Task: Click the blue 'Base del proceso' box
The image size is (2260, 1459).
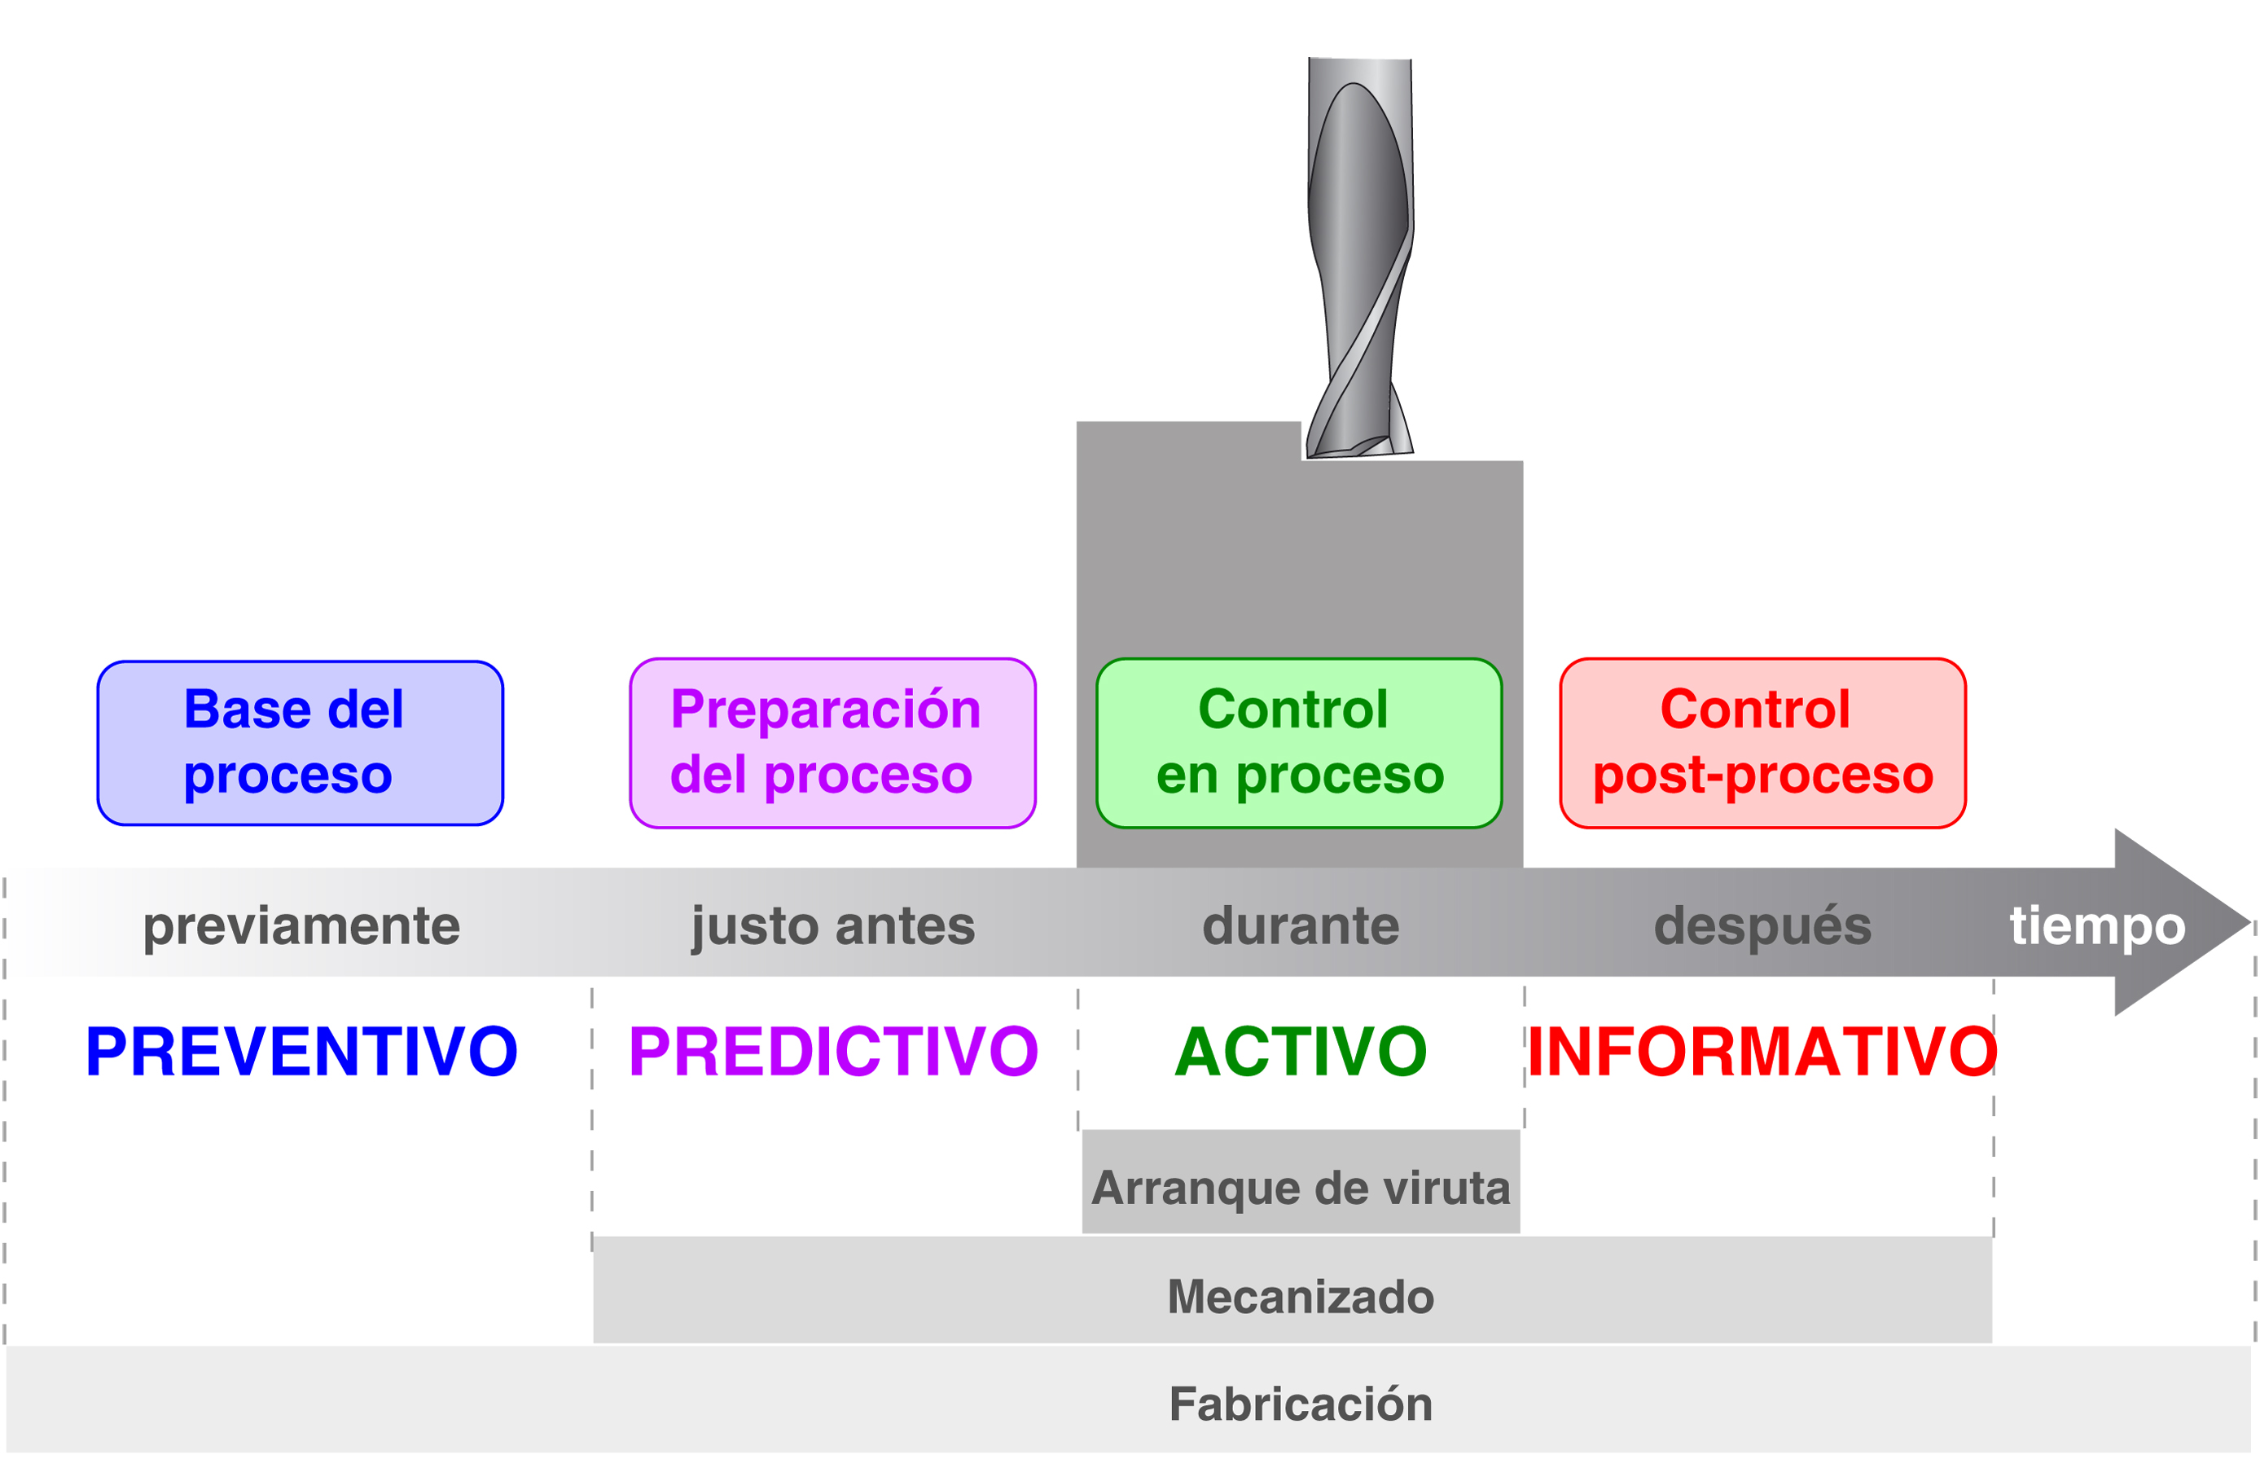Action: pyautogui.click(x=301, y=743)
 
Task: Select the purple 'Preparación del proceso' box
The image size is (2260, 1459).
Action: pyautogui.click(x=832, y=743)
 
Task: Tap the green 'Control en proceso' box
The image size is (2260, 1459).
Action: pyautogui.click(x=1299, y=743)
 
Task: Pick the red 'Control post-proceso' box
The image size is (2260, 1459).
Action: pyautogui.click(x=1762, y=743)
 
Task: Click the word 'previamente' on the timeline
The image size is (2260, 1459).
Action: pyautogui.click(x=301, y=925)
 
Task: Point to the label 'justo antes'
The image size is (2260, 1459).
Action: pyautogui.click(x=832, y=925)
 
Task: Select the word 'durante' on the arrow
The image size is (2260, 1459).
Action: pyautogui.click(x=1301, y=925)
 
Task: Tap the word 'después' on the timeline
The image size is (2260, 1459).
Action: pyautogui.click(x=1762, y=925)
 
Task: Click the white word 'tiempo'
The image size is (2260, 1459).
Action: pyautogui.click(x=2097, y=925)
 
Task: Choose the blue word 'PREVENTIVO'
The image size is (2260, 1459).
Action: pyautogui.click(x=301, y=1052)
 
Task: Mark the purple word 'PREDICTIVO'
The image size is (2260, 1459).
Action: pyautogui.click(x=833, y=1052)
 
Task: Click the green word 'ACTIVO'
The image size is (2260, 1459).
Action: pyautogui.click(x=1301, y=1052)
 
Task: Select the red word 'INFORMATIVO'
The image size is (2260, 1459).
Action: pyautogui.click(x=1762, y=1052)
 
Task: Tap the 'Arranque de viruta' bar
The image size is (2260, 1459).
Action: pyautogui.click(x=1301, y=1181)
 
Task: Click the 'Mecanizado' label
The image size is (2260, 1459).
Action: pyautogui.click(x=1301, y=1296)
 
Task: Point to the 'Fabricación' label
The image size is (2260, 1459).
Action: pyautogui.click(x=1301, y=1404)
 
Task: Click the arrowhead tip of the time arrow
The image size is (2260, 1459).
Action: pyautogui.click(x=2249, y=922)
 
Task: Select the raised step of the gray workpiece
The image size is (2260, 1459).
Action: pyautogui.click(x=1189, y=442)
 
